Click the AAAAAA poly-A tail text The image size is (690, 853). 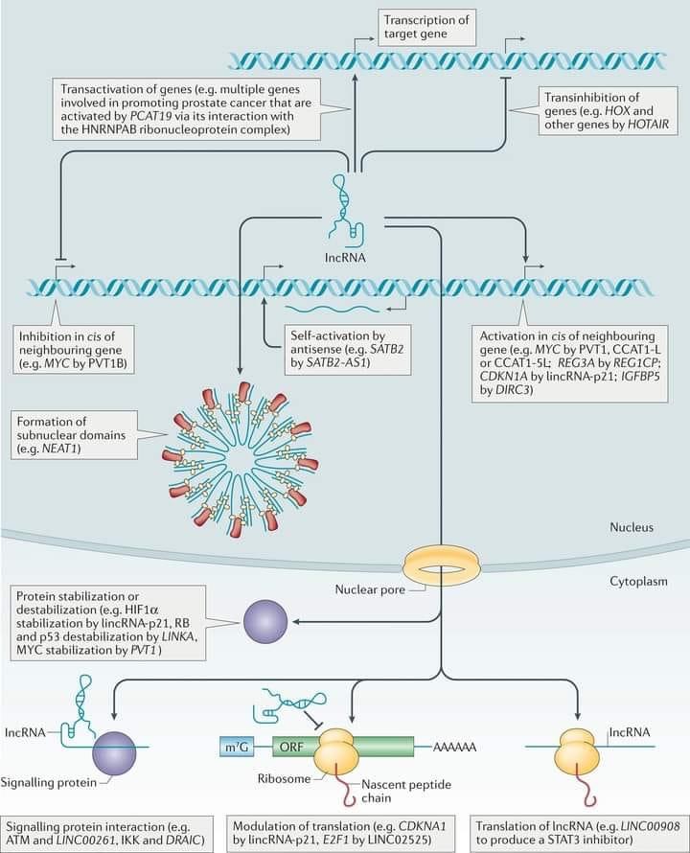point(455,747)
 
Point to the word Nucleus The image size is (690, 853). point(632,527)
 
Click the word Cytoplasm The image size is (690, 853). point(636,581)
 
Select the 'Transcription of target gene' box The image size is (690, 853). point(428,26)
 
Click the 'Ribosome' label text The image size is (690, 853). point(284,779)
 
